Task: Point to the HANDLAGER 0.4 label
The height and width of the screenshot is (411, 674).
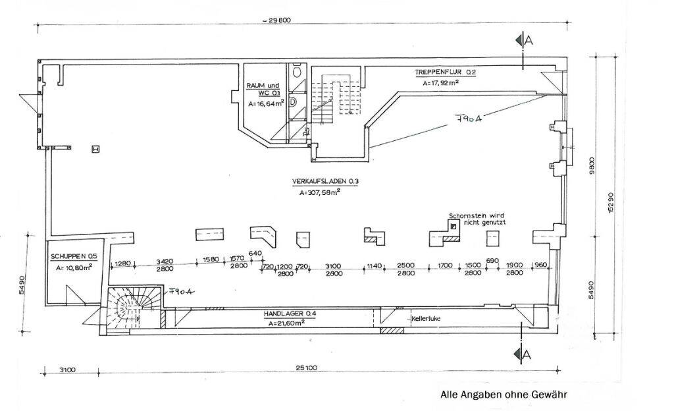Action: [x=290, y=315]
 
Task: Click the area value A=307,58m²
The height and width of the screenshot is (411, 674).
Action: [x=319, y=192]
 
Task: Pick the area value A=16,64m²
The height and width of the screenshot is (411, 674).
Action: [x=265, y=103]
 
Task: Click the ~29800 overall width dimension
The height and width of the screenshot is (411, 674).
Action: [x=276, y=20]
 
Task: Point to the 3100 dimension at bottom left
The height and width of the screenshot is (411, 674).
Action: [x=68, y=370]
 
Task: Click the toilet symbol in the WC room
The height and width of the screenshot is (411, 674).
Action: [x=298, y=70]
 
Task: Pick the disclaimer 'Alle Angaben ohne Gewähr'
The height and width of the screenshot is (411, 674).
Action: [x=504, y=395]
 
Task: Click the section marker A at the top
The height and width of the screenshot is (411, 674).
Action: [x=527, y=41]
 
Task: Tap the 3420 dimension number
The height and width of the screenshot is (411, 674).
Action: [x=166, y=261]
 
